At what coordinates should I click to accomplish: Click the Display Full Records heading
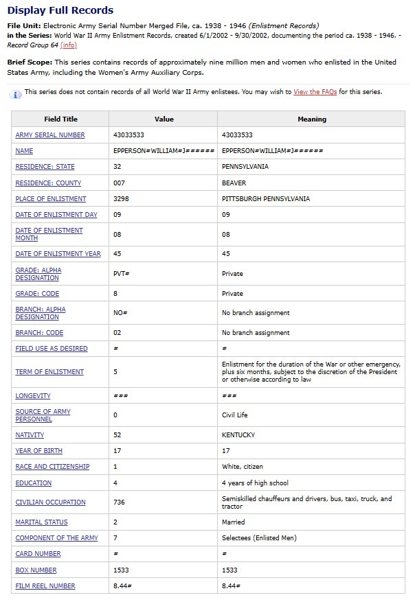coord(60,10)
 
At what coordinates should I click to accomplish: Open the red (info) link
coord(69,45)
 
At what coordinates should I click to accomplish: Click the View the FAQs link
coord(315,92)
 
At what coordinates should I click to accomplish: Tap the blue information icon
coord(16,93)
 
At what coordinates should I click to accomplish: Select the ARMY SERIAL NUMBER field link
coord(50,135)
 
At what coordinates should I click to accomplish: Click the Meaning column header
coord(311,119)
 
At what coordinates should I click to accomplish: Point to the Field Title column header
coord(60,119)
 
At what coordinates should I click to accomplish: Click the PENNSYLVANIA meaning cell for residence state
coord(245,167)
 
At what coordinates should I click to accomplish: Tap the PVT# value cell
coord(121,273)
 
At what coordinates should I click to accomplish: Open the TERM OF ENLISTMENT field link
coord(49,372)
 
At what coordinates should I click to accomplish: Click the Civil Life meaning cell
coord(236,415)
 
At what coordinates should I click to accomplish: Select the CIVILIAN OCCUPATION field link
coord(50,502)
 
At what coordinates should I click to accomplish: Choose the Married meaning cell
coord(233,522)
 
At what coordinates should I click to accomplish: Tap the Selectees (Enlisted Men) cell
coord(258,538)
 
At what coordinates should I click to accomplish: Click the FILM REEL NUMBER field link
coord(45,586)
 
